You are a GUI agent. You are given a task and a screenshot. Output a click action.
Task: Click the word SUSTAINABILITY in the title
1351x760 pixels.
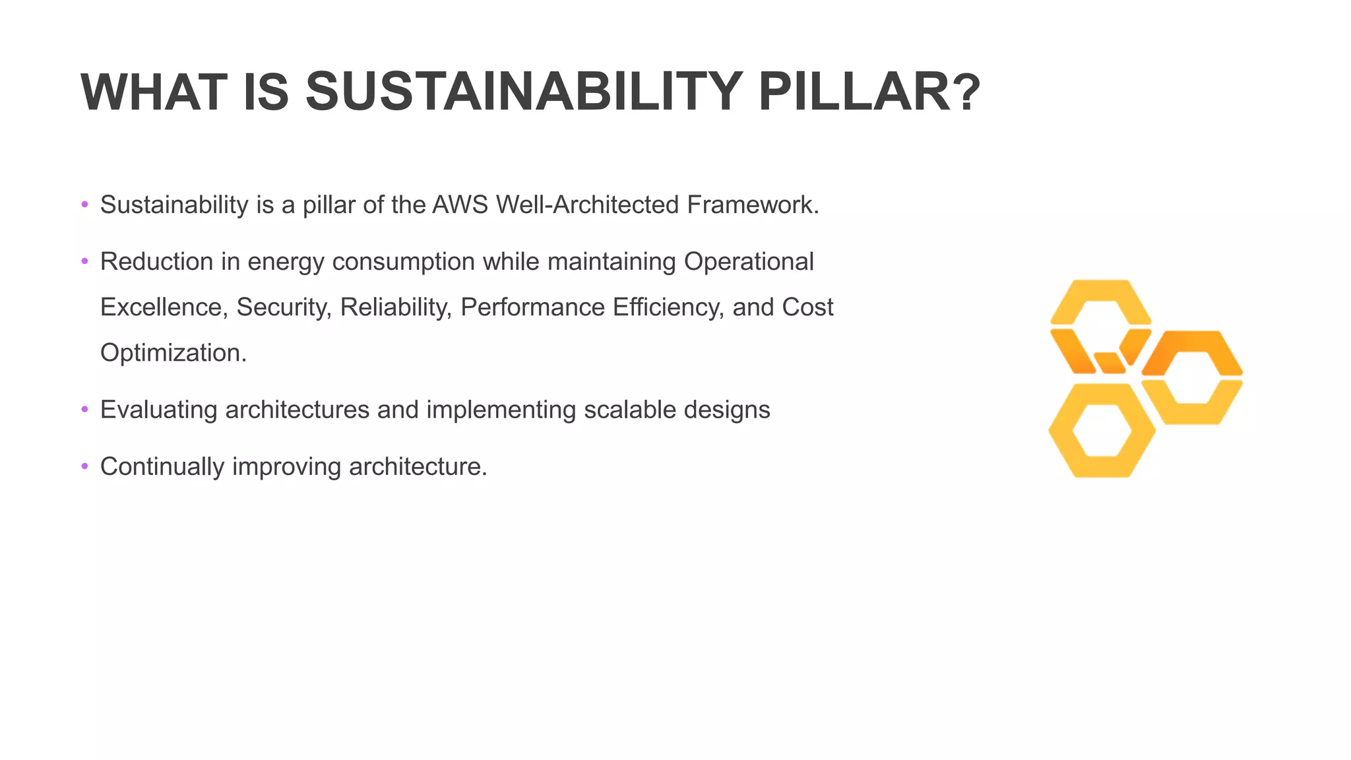[524, 92]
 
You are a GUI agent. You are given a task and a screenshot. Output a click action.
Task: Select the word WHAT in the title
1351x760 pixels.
[154, 92]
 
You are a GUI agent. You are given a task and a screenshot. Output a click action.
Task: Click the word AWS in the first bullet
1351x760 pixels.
[460, 205]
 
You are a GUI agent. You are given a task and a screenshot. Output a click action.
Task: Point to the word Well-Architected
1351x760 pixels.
[587, 205]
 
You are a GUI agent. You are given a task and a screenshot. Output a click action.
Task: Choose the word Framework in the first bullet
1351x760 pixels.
[752, 205]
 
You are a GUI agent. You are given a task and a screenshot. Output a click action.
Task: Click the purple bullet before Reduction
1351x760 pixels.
[84, 262]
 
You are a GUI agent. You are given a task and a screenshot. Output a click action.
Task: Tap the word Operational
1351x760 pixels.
[749, 262]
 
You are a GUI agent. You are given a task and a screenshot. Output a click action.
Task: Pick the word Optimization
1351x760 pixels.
[173, 353]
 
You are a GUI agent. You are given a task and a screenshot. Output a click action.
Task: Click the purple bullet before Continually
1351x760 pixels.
[84, 467]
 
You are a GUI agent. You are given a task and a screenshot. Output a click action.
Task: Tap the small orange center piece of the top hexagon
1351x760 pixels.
[1110, 362]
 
